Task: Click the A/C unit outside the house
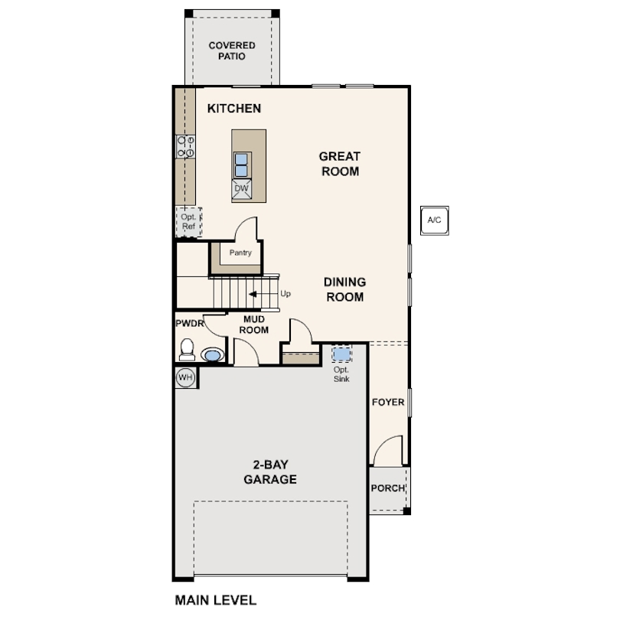point(434,220)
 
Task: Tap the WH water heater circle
point(185,377)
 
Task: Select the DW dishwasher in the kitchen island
point(242,189)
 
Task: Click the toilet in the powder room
point(187,350)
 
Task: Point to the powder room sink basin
point(213,354)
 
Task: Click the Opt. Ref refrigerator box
point(188,222)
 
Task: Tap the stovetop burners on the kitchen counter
point(185,147)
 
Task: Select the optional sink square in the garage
point(341,354)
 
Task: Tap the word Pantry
point(240,253)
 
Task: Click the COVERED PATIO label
point(232,51)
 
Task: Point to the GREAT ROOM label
point(340,164)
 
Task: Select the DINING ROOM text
point(344,289)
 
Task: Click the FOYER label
point(388,402)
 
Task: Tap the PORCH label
point(388,488)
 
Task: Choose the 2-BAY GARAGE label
point(270,472)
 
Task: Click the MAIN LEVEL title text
point(216,600)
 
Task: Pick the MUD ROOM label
point(254,325)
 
